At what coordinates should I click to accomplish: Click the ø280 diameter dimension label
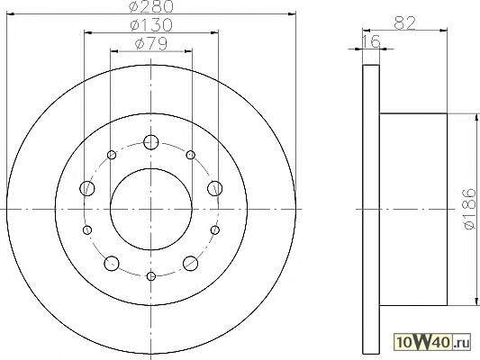(151, 6)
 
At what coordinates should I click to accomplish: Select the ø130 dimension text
(151, 25)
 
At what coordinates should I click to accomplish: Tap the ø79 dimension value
(151, 44)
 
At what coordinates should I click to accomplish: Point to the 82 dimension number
(404, 22)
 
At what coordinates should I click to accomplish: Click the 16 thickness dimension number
(371, 41)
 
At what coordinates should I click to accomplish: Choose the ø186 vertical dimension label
(470, 209)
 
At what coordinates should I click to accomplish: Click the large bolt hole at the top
(151, 142)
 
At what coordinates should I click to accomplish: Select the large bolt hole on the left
(87, 188)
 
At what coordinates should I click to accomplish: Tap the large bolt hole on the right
(215, 188)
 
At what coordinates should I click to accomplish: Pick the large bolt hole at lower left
(112, 264)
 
